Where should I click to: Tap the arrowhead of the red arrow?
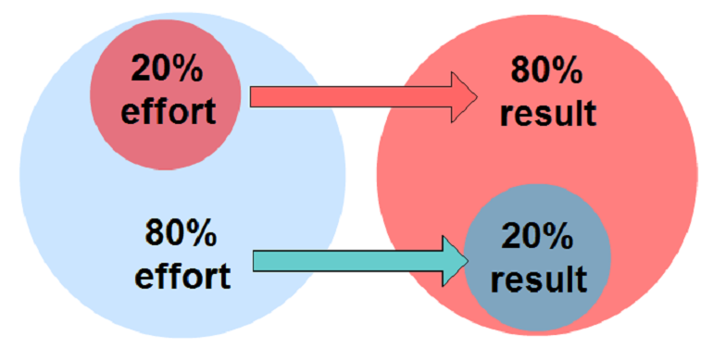click(x=463, y=96)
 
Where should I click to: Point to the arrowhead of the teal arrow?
click(x=454, y=261)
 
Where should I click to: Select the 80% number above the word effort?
click(x=181, y=233)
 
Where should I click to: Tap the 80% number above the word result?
click(x=547, y=69)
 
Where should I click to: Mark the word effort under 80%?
click(x=181, y=275)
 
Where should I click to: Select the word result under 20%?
click(x=538, y=279)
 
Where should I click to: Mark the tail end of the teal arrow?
click(x=258, y=261)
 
